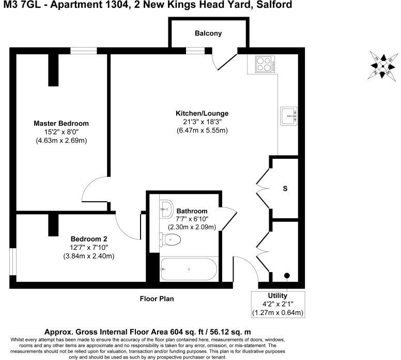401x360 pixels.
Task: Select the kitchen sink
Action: click(288, 115)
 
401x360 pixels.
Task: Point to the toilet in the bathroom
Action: click(172, 239)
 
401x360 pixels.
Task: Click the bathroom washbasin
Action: click(166, 208)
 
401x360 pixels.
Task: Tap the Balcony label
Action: click(208, 34)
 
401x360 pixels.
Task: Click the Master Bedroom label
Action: click(61, 124)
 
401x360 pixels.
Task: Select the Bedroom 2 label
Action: click(89, 239)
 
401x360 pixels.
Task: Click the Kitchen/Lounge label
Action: click(202, 113)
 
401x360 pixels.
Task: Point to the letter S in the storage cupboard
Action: click(285, 189)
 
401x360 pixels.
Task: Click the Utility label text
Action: click(277, 296)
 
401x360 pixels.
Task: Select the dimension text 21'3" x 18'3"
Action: click(202, 122)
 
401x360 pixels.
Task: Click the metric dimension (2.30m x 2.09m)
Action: click(192, 227)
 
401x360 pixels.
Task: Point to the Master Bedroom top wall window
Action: click(84, 51)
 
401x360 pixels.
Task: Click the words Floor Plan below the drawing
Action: click(157, 298)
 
